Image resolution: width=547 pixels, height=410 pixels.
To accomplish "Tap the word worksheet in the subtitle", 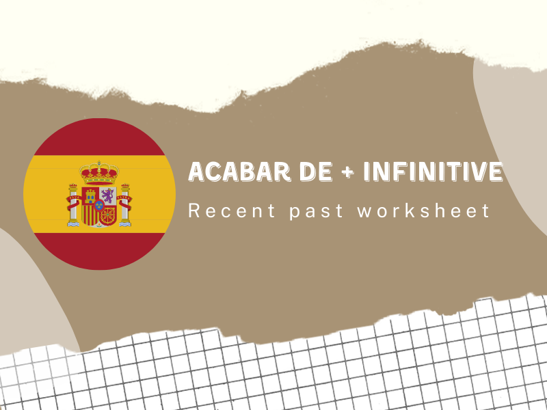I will click(424, 210).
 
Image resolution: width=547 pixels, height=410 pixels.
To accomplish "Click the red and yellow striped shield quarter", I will click(90, 214).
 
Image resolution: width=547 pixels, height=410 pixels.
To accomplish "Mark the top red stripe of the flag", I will click(99, 137).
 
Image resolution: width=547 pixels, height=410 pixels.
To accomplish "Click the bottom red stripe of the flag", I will click(99, 249).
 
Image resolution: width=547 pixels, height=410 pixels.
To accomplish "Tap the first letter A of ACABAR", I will click(196, 172).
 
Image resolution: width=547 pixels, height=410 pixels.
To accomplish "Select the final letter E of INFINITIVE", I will click(495, 172).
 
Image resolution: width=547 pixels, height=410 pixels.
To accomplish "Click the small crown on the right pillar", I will click(125, 186).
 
